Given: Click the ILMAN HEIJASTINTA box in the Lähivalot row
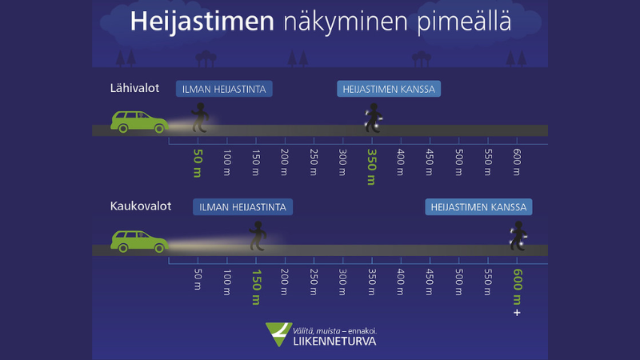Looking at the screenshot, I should pyautogui.click(x=224, y=89).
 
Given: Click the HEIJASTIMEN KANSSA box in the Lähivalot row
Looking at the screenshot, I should pyautogui.click(x=389, y=89).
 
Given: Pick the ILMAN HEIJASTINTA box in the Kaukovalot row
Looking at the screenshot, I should pyautogui.click(x=242, y=207).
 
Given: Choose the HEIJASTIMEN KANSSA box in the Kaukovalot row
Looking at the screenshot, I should pyautogui.click(x=478, y=207).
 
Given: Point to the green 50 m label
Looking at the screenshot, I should pyautogui.click(x=198, y=162).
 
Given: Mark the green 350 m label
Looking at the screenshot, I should pyautogui.click(x=371, y=166).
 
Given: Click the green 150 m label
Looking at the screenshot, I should pyautogui.click(x=256, y=287).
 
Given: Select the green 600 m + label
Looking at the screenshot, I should pyautogui.click(x=517, y=291).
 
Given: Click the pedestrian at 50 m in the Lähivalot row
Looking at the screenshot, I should pyautogui.click(x=201, y=118).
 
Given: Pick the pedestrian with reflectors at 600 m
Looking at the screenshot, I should pyautogui.click(x=518, y=236).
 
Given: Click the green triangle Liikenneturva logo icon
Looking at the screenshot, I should pyautogui.click(x=278, y=334).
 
